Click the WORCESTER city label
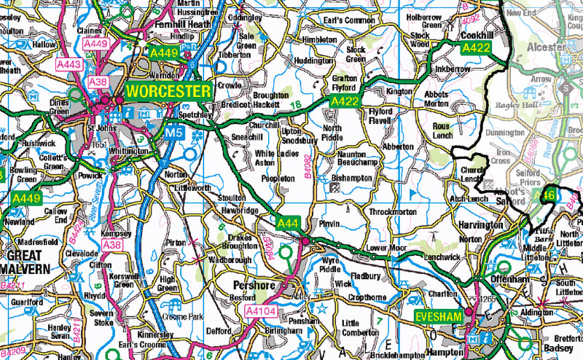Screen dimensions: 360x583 (168, 92)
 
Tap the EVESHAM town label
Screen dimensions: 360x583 (439, 316)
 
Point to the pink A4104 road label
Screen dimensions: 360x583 (261, 311)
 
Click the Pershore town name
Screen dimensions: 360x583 (248, 284)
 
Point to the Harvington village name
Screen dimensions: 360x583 (480, 225)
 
